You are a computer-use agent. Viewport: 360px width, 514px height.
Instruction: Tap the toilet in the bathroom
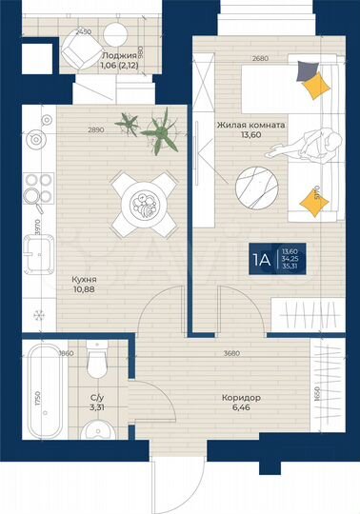pos(95,365)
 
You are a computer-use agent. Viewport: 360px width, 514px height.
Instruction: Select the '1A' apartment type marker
pos(260,258)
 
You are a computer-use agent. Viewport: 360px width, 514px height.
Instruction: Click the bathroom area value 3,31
pos(97,407)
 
